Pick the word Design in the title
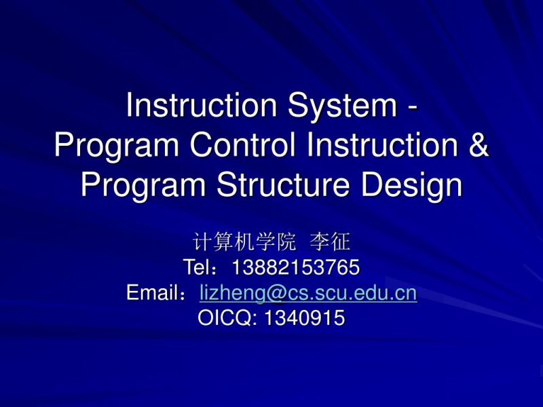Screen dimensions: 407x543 pyautogui.click(x=420, y=186)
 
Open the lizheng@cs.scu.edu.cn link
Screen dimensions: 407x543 pyautogui.click(x=308, y=294)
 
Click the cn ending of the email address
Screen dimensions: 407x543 pyautogui.click(x=405, y=294)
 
